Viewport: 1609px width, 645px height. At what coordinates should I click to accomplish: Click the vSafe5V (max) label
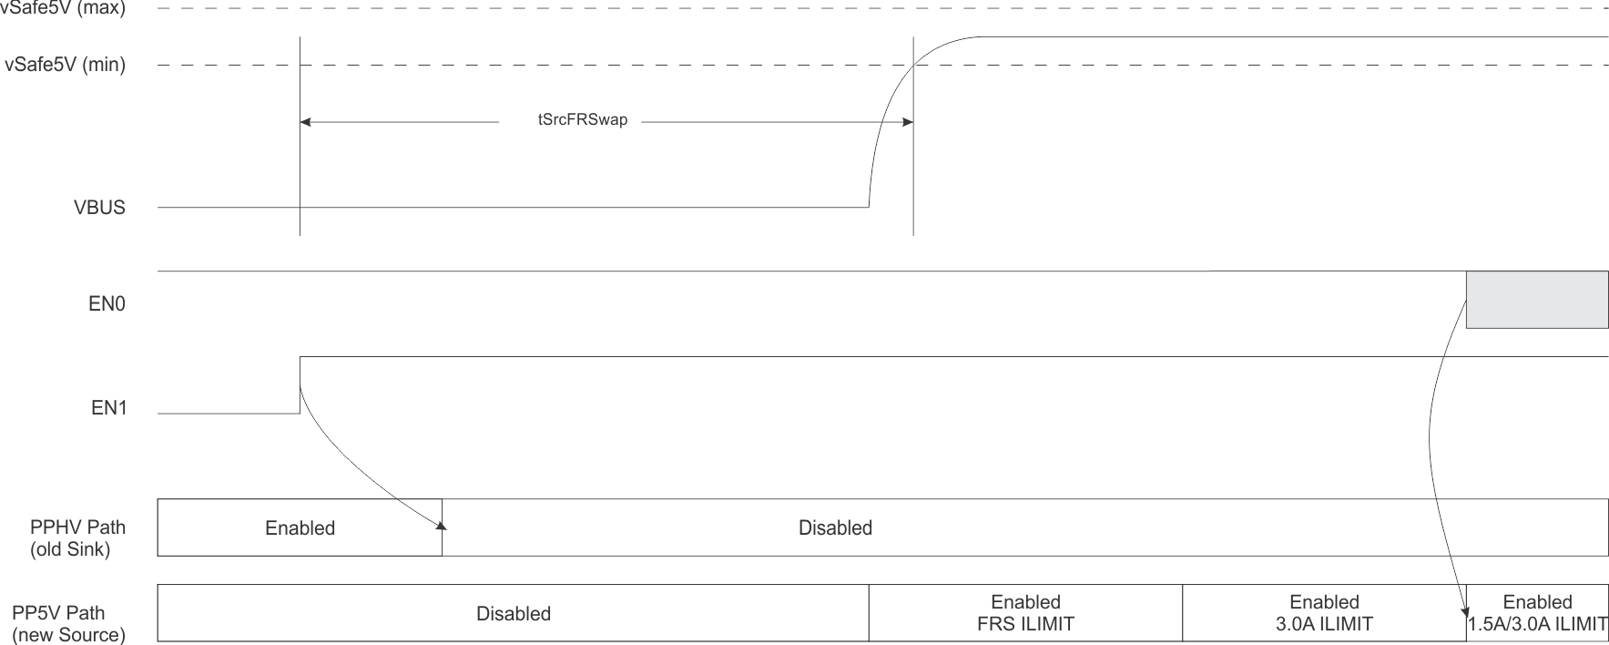point(64,8)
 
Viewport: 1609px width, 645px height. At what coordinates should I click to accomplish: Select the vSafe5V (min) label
point(65,66)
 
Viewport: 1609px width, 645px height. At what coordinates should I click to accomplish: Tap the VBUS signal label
point(99,208)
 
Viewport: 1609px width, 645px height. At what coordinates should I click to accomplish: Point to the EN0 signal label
point(107,304)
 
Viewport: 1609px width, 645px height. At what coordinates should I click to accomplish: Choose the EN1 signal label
point(108,408)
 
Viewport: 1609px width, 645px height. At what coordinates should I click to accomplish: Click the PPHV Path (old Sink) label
point(76,537)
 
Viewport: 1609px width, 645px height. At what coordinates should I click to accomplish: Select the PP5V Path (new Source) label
point(67,623)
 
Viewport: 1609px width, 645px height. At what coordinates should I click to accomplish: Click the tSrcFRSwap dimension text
point(583,120)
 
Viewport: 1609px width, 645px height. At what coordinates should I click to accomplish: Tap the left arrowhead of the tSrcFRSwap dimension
point(305,121)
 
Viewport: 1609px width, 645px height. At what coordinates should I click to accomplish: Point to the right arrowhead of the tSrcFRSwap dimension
point(908,121)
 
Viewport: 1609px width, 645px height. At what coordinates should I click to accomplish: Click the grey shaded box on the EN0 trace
point(1536,299)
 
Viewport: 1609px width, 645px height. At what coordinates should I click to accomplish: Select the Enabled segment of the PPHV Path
point(300,527)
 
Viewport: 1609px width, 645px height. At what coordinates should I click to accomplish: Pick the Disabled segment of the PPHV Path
point(835,527)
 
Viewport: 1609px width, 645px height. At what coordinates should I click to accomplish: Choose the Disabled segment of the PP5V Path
point(513,613)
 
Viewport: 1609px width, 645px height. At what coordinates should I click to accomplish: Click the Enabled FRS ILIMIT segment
point(1025,613)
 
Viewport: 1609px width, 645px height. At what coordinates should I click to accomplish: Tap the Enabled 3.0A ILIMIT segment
point(1324,613)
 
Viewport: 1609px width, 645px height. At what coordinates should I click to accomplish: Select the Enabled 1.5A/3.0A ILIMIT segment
point(1537,613)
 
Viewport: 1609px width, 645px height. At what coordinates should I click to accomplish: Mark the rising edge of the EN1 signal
point(300,384)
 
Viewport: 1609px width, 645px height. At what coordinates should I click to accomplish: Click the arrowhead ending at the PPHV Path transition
point(442,525)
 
